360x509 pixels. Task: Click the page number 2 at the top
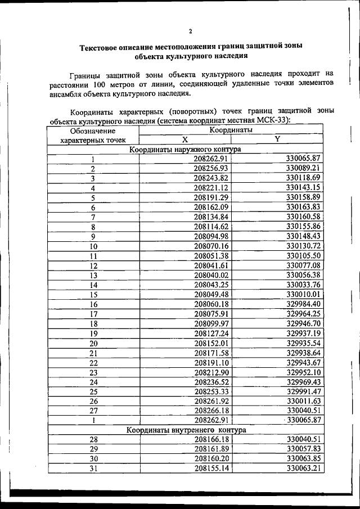point(190,31)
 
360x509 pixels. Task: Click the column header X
point(184,139)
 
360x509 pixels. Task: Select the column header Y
point(277,139)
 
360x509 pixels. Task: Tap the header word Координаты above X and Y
point(231,130)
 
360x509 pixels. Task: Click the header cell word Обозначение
point(93,130)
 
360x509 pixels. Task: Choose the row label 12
point(93,265)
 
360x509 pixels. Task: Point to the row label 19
point(93,334)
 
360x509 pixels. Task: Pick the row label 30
point(93,460)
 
